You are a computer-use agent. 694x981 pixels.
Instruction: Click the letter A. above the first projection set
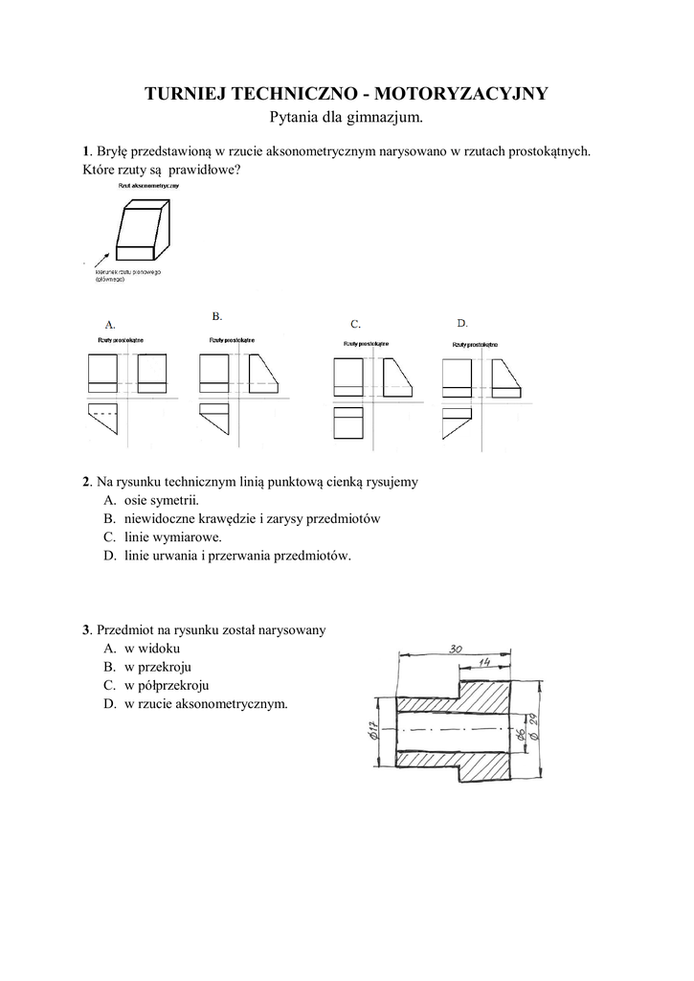pyautogui.click(x=110, y=323)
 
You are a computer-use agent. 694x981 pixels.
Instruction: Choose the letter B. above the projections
pyautogui.click(x=217, y=315)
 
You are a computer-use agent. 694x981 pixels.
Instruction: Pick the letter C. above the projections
pyautogui.click(x=355, y=324)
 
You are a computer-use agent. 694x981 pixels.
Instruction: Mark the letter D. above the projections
pyautogui.click(x=461, y=323)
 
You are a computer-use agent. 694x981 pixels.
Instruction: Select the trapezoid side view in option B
pyautogui.click(x=265, y=373)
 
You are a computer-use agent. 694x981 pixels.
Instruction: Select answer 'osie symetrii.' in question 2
pyautogui.click(x=162, y=500)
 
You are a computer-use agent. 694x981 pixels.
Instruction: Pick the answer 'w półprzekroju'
pyautogui.click(x=167, y=685)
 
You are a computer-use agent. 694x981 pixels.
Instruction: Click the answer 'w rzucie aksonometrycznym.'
pyautogui.click(x=206, y=703)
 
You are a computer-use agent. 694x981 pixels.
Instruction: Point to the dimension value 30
pyautogui.click(x=457, y=650)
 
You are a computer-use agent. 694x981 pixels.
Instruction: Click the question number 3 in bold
pyautogui.click(x=86, y=630)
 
